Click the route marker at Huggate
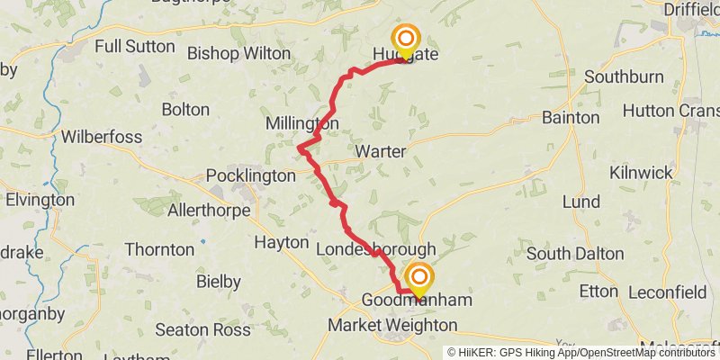(406, 40)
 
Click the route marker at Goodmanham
(418, 279)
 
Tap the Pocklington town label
(250, 175)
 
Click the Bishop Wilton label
(238, 53)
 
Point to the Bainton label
(571, 117)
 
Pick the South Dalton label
(573, 254)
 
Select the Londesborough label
(376, 248)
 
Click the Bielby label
(218, 282)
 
